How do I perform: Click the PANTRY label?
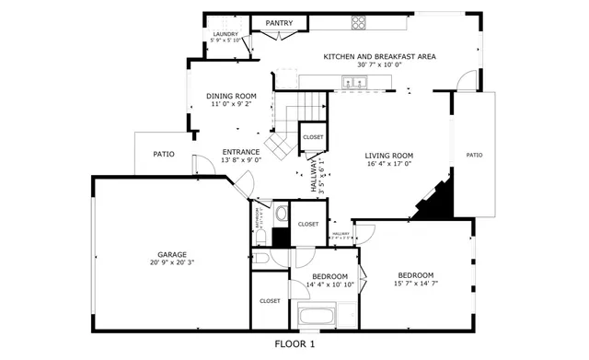pyautogui.click(x=279, y=23)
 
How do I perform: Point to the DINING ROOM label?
pyautogui.click(x=231, y=96)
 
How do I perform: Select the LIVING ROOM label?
pyautogui.click(x=388, y=156)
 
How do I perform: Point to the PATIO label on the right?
pyautogui.click(x=474, y=155)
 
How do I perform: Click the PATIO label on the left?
pyautogui.click(x=164, y=154)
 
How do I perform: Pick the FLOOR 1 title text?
pyautogui.click(x=294, y=344)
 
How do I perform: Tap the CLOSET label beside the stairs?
pyautogui.click(x=313, y=137)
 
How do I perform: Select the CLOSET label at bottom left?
pyautogui.click(x=270, y=300)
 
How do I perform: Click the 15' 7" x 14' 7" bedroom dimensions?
pyautogui.click(x=416, y=284)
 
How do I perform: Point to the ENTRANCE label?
pyautogui.click(x=241, y=152)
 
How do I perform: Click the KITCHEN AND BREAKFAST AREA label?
pyautogui.click(x=379, y=56)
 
